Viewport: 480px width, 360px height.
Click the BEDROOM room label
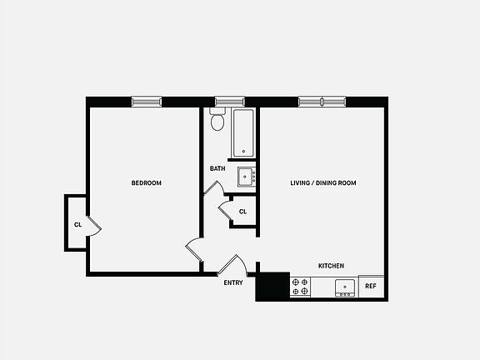(146, 183)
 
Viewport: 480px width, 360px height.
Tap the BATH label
(217, 169)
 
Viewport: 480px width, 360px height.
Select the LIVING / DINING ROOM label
(323, 183)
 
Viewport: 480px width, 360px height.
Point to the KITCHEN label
(331, 266)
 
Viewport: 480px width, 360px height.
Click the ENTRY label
(233, 282)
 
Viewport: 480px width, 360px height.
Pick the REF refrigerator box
(371, 287)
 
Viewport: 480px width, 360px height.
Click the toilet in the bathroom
(218, 122)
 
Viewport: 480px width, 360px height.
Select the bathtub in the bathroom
(243, 133)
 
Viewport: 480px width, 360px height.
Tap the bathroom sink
(246, 177)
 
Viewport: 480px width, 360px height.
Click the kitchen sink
(345, 288)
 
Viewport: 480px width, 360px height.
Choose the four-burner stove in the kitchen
(301, 288)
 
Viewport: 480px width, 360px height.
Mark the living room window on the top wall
(321, 102)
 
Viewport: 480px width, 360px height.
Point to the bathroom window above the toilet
(222, 102)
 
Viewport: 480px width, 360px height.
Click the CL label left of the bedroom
(77, 224)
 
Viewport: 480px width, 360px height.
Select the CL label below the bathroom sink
(242, 212)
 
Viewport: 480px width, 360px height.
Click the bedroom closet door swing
(94, 223)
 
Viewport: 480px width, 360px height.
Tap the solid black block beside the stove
(272, 286)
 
